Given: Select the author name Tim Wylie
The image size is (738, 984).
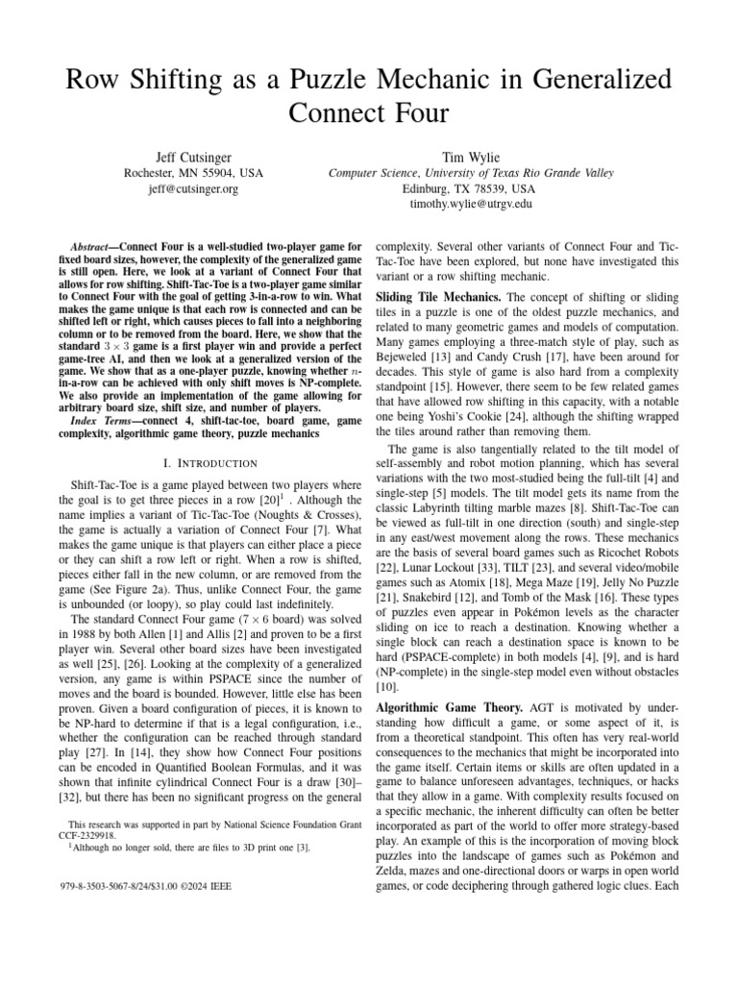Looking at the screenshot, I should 471,156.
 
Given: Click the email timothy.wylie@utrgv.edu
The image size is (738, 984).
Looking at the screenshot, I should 471,205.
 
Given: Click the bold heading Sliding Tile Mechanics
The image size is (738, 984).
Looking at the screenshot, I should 437,297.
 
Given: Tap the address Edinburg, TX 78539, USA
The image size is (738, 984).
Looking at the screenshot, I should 471,189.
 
